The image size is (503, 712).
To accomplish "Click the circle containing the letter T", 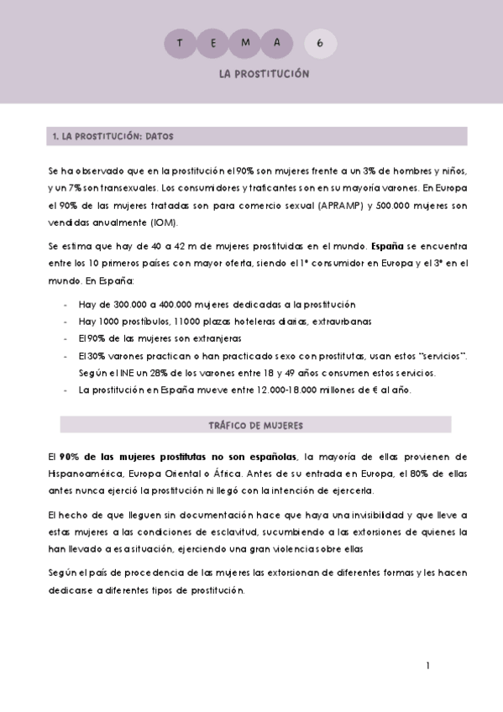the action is pyautogui.click(x=180, y=43).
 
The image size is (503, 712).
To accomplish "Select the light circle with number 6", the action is pyautogui.click(x=320, y=43).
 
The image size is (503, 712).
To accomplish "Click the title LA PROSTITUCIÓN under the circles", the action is pyautogui.click(x=264, y=74).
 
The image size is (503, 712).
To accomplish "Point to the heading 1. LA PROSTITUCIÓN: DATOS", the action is pyautogui.click(x=113, y=135).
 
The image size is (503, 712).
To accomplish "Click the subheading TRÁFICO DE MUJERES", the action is pyautogui.click(x=255, y=425).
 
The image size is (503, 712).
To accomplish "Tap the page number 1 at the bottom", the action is pyautogui.click(x=428, y=666).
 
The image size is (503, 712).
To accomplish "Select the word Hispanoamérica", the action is pyautogui.click(x=86, y=474).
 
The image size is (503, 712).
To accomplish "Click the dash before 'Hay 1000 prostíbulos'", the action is pyautogui.click(x=65, y=322).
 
